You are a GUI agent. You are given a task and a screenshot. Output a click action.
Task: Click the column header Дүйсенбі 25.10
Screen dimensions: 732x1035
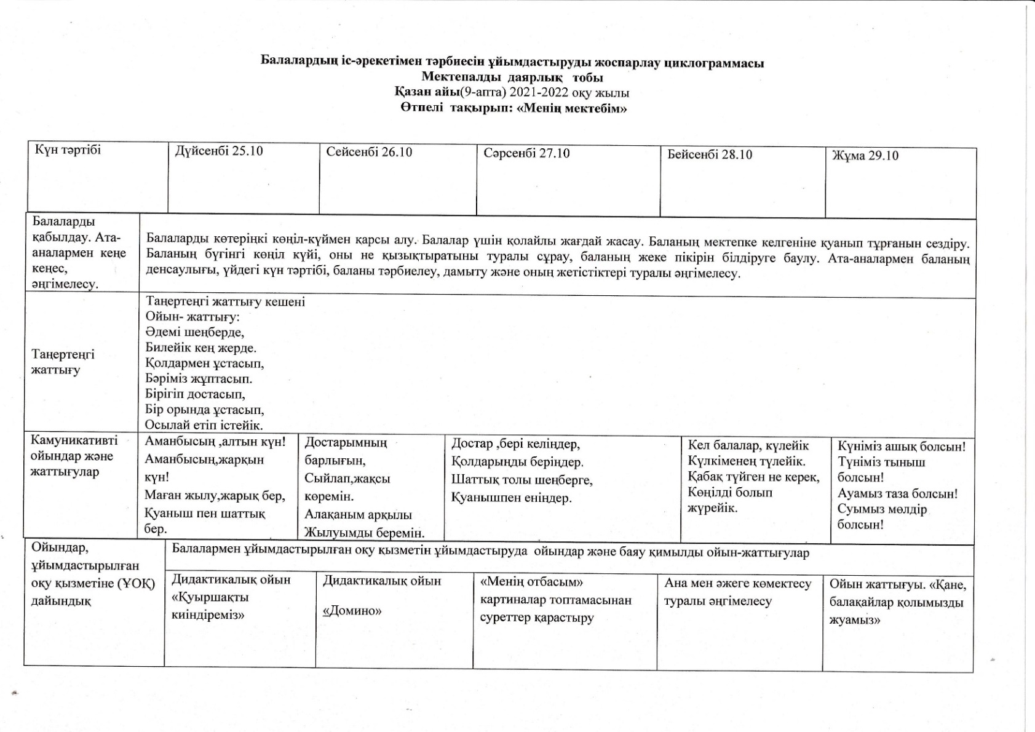[219, 151]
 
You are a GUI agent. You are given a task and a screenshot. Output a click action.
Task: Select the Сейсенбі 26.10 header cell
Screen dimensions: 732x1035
[369, 152]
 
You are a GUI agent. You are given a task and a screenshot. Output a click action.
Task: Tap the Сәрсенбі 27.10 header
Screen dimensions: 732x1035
[526, 153]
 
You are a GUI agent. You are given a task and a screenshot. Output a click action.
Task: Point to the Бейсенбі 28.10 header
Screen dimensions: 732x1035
[710, 154]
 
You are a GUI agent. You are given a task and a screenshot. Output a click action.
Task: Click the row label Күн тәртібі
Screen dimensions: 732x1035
[68, 150]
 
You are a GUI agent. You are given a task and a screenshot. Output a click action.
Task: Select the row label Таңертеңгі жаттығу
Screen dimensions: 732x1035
[63, 362]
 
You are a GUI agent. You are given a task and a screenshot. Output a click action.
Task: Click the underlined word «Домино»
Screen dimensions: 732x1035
[352, 611]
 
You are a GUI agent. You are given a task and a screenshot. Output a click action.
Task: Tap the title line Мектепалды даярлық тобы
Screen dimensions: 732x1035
[512, 78]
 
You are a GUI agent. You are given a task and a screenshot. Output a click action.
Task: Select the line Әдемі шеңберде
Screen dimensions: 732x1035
[194, 332]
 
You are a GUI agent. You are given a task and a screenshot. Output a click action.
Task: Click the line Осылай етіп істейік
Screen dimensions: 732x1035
[204, 425]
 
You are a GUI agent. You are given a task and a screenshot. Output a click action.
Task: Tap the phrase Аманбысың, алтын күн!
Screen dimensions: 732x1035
[215, 442]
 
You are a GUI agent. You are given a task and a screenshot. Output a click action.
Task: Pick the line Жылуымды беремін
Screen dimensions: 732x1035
[364, 533]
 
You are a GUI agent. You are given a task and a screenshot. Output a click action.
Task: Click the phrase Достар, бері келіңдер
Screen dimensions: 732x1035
[515, 444]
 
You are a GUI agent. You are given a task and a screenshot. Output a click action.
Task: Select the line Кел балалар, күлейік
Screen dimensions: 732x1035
[748, 446]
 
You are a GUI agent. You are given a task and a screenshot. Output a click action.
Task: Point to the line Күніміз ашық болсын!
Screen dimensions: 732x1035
[901, 447]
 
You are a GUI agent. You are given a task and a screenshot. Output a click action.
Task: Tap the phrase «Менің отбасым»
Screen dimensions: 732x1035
[531, 582]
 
